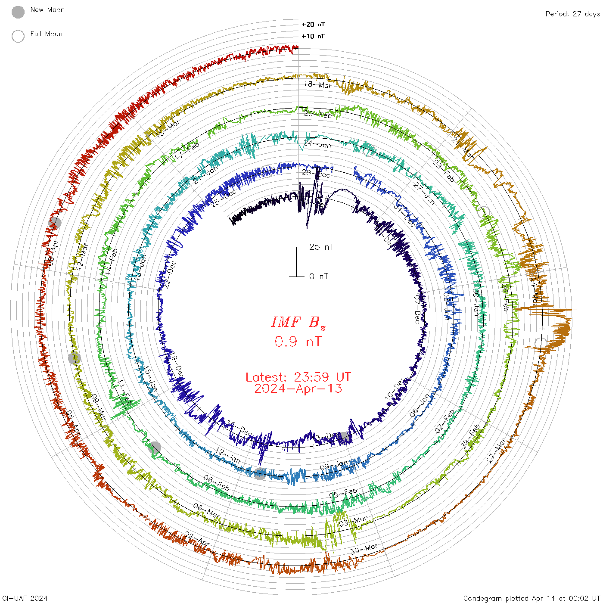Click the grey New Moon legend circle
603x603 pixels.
(18, 12)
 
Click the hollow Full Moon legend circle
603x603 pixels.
(18, 36)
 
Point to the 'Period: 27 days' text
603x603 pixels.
(572, 14)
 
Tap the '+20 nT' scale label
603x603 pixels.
(313, 25)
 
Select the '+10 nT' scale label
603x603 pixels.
(313, 36)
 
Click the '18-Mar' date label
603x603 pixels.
(318, 85)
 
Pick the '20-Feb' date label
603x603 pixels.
(318, 114)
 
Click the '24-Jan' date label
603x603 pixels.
(318, 144)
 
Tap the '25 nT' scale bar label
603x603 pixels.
(321, 247)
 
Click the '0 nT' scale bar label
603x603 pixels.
(318, 276)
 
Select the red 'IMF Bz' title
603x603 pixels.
(298, 323)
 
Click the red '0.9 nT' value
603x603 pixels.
(298, 342)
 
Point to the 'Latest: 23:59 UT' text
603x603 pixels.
(298, 377)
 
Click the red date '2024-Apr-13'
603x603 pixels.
(298, 389)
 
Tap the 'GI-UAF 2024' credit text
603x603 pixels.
(25, 598)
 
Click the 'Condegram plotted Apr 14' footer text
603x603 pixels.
(532, 598)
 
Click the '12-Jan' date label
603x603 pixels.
(228, 455)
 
